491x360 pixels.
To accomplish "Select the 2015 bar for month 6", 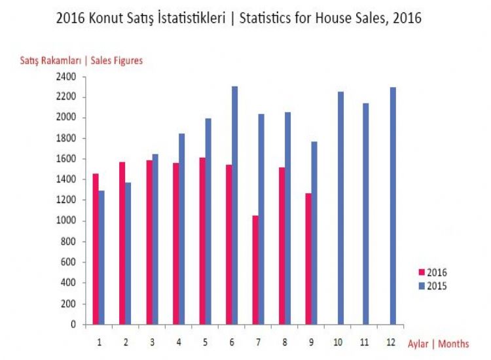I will (235, 205).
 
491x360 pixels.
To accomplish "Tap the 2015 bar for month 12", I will (393, 206).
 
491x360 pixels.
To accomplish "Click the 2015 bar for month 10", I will (340, 207).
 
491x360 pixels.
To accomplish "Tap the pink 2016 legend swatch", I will (422, 272).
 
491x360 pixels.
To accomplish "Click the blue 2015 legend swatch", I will (422, 286).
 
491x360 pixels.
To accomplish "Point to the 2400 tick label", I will (67, 77).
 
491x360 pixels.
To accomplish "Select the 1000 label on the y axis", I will (67, 221).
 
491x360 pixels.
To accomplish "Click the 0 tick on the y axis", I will (75, 325).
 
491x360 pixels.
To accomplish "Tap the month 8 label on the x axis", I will (285, 342).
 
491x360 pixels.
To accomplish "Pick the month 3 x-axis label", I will (153, 342).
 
